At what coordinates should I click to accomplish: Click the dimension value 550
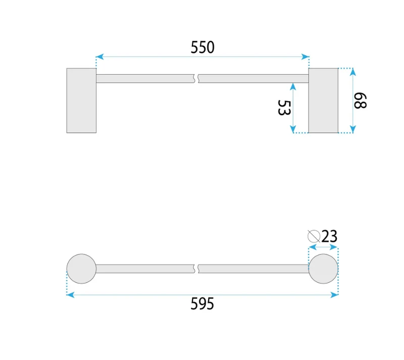coord(203,47)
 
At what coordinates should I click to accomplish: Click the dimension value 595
coord(203,303)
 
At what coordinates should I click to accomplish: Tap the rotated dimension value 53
coord(284,108)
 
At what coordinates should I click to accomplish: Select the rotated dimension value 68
coord(360,101)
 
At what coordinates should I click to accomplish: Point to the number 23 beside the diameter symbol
coord(329,236)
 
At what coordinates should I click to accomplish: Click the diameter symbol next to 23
coord(314,236)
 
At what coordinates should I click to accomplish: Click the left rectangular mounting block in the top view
coord(81,100)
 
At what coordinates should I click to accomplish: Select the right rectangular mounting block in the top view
coord(323,100)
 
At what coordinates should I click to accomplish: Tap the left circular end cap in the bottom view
coord(81,269)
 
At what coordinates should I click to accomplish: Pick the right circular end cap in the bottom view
coord(323,269)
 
